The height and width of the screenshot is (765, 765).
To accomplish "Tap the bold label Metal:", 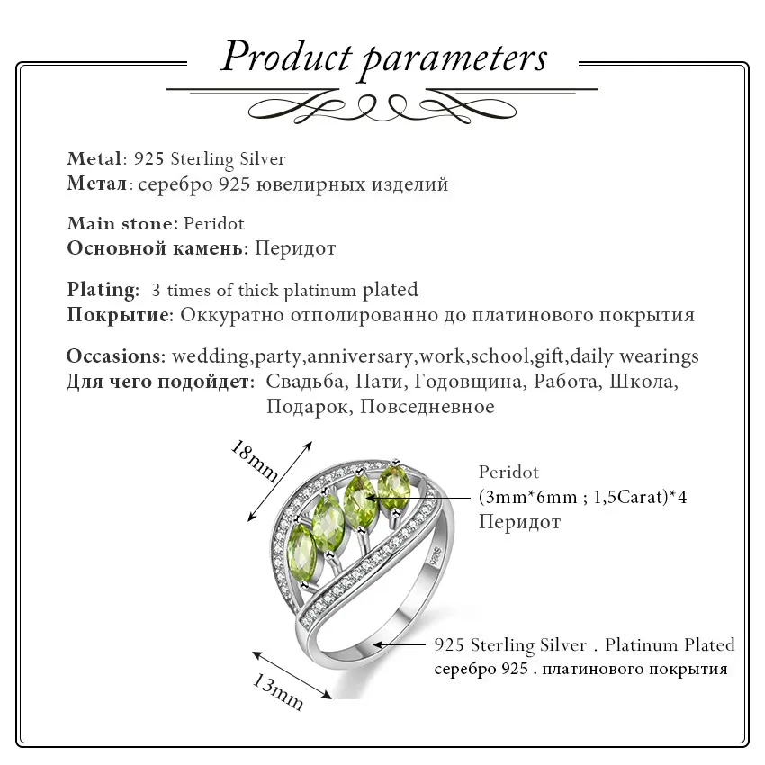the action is (x=97, y=158).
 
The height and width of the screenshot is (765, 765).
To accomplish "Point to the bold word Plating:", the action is (x=103, y=290).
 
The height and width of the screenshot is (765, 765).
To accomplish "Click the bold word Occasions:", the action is (x=116, y=356).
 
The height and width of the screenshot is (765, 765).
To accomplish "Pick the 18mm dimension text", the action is (x=254, y=461).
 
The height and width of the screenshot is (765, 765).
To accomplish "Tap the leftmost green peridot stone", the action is (x=303, y=553).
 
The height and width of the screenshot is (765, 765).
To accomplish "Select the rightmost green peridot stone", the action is (x=394, y=485).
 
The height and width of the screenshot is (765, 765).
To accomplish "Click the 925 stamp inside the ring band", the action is (x=436, y=554).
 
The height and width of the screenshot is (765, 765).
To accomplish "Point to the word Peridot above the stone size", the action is (x=508, y=472).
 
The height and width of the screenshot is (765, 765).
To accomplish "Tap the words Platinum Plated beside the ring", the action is (x=670, y=644).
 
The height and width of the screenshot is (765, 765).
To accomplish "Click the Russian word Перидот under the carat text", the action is (x=519, y=522).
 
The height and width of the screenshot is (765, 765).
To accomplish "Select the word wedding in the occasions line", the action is (x=211, y=356).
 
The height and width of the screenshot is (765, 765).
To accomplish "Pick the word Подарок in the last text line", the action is (x=309, y=407).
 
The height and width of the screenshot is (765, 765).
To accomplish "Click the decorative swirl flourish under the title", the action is (x=382, y=108).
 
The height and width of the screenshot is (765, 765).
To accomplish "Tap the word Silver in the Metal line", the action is (x=263, y=158).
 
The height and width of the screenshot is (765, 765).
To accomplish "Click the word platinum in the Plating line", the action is (x=320, y=291).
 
